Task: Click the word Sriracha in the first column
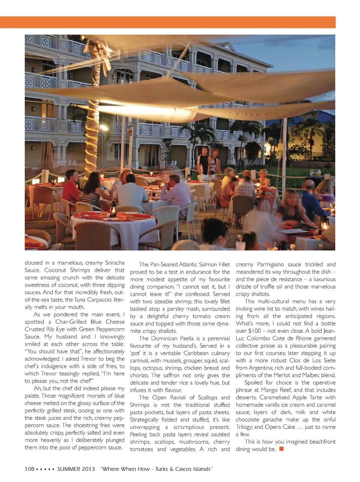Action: tap(111, 263)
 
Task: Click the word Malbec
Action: tap(308, 375)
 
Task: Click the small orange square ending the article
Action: tap(282, 449)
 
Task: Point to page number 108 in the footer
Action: tap(30, 469)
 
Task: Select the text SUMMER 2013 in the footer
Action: tap(76, 469)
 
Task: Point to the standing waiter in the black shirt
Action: tap(203, 161)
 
